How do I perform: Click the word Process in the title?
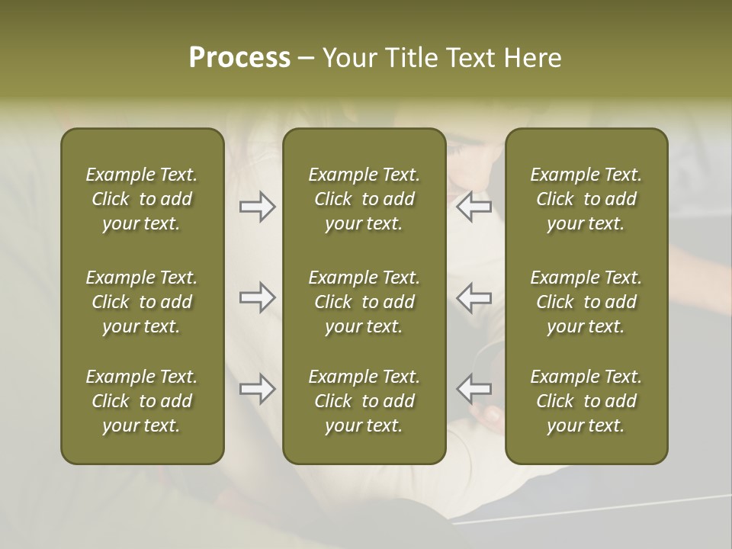click(x=239, y=58)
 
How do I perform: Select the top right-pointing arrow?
click(x=257, y=207)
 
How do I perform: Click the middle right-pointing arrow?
click(x=257, y=297)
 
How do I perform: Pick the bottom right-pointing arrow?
click(x=257, y=389)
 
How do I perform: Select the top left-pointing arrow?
click(x=474, y=207)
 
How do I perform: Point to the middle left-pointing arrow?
click(x=474, y=297)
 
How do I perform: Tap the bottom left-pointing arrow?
click(x=474, y=389)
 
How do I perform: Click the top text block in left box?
click(x=142, y=199)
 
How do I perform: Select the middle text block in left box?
click(x=142, y=302)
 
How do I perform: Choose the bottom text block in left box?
click(x=142, y=401)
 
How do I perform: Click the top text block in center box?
click(x=364, y=199)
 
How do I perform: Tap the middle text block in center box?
click(x=364, y=302)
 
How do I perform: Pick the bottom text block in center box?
click(x=364, y=401)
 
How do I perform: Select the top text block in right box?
click(x=586, y=199)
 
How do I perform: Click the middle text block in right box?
click(x=586, y=302)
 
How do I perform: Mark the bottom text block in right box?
click(x=586, y=401)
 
